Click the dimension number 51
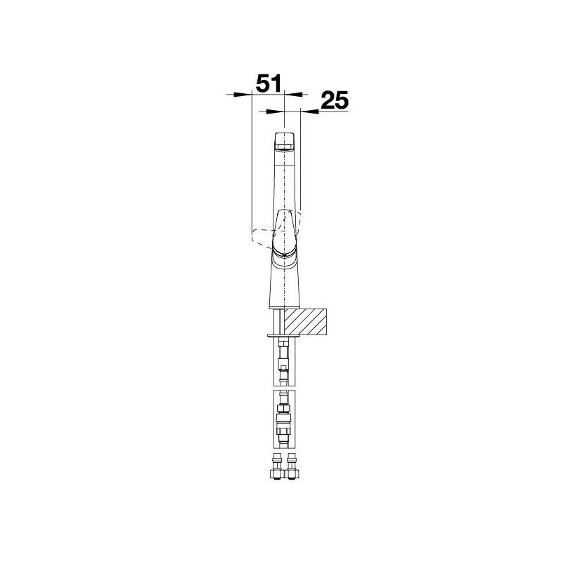[x=269, y=83]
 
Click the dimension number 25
[x=334, y=100]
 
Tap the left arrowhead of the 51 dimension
[x=243, y=95]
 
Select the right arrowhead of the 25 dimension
[x=310, y=111]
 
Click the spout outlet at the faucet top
[x=285, y=142]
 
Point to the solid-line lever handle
[x=285, y=231]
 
